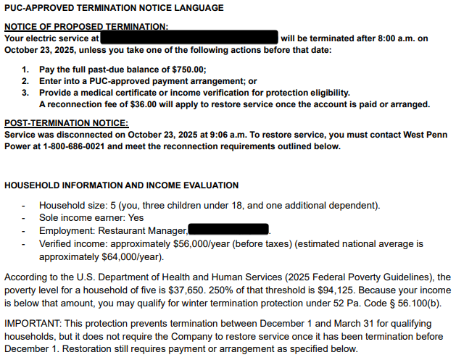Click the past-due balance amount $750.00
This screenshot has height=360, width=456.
[186, 70]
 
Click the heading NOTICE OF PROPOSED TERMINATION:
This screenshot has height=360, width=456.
[86, 27]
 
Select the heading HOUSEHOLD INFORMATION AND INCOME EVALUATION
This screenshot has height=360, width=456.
[121, 185]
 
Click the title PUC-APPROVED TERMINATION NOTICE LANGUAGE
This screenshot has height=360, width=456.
[114, 8]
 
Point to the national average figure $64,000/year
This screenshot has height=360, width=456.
[117, 256]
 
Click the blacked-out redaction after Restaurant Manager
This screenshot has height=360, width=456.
[229, 230]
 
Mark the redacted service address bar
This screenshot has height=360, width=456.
[190, 37]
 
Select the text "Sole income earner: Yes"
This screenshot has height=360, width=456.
[91, 217]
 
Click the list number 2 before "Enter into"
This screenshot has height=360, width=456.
[25, 81]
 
